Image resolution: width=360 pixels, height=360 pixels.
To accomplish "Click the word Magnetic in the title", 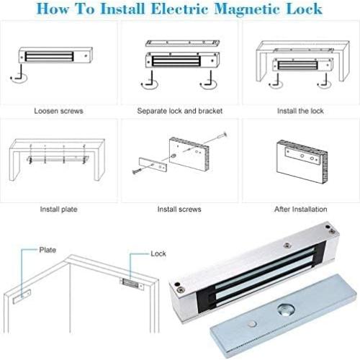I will click(244, 9).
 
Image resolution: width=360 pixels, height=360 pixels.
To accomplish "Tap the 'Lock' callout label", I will click(158, 254).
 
